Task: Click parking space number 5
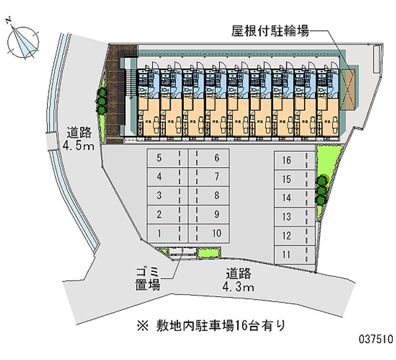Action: pos(163,158)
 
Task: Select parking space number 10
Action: pos(212,233)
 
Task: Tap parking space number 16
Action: pos(291,160)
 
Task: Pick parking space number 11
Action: pos(291,255)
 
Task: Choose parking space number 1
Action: pos(163,233)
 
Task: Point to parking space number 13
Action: pos(291,217)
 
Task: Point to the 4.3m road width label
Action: pos(239,280)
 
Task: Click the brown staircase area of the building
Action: pos(118,94)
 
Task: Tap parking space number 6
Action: pos(212,158)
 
